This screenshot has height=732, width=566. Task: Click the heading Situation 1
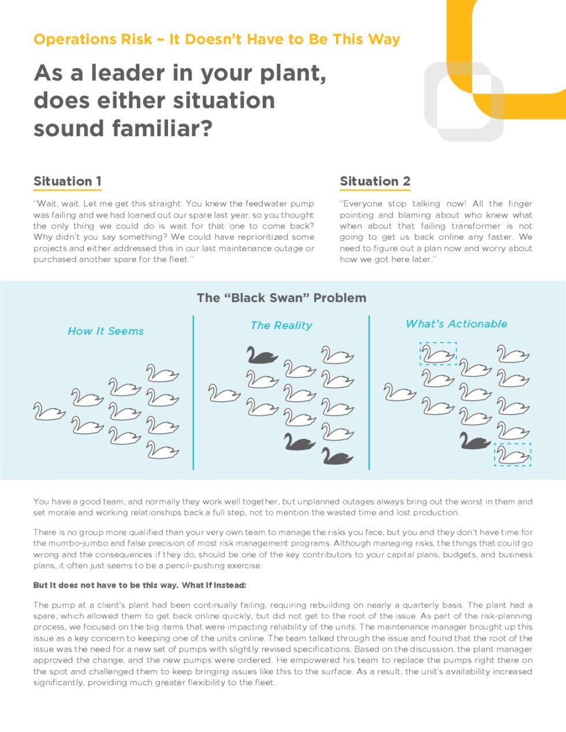click(68, 181)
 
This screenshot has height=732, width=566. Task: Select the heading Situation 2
click(375, 181)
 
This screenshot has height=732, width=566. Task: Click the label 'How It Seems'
click(106, 331)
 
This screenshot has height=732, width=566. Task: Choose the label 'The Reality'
click(281, 326)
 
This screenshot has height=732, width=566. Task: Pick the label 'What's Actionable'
click(456, 324)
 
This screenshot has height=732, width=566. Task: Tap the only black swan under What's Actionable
click(475, 442)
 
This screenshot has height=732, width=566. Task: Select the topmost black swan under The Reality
click(262, 355)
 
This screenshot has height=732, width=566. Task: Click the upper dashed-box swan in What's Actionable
click(438, 353)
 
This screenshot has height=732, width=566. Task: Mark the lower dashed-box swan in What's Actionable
click(512, 454)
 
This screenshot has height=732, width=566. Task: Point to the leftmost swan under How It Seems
click(49, 412)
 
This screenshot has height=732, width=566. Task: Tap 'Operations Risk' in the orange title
click(93, 39)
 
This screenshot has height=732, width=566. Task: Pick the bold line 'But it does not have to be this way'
click(106, 585)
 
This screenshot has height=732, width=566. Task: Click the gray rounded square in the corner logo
click(464, 102)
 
